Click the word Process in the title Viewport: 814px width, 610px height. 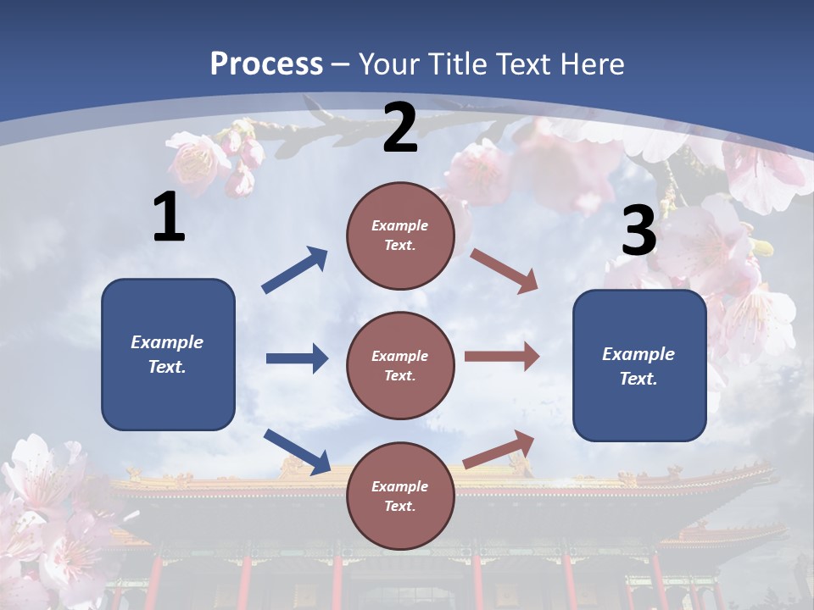[x=266, y=64]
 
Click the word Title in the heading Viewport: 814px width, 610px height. [x=456, y=64]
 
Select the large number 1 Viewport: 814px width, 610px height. [x=169, y=218]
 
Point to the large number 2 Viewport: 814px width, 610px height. [x=400, y=128]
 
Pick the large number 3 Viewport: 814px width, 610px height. [x=638, y=231]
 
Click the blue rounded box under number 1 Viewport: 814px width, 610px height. [x=168, y=354]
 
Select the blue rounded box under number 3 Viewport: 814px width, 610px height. [x=639, y=366]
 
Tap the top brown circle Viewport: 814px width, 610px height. [x=400, y=236]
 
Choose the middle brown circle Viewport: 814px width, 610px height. [x=400, y=366]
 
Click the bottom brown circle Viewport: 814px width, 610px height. [x=400, y=496]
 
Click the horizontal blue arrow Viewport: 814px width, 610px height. [x=297, y=358]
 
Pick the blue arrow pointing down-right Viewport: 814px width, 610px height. [x=298, y=452]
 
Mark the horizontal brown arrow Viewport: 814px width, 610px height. [x=502, y=357]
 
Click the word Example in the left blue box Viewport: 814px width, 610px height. [x=167, y=342]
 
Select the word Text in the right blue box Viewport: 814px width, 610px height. [x=638, y=379]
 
